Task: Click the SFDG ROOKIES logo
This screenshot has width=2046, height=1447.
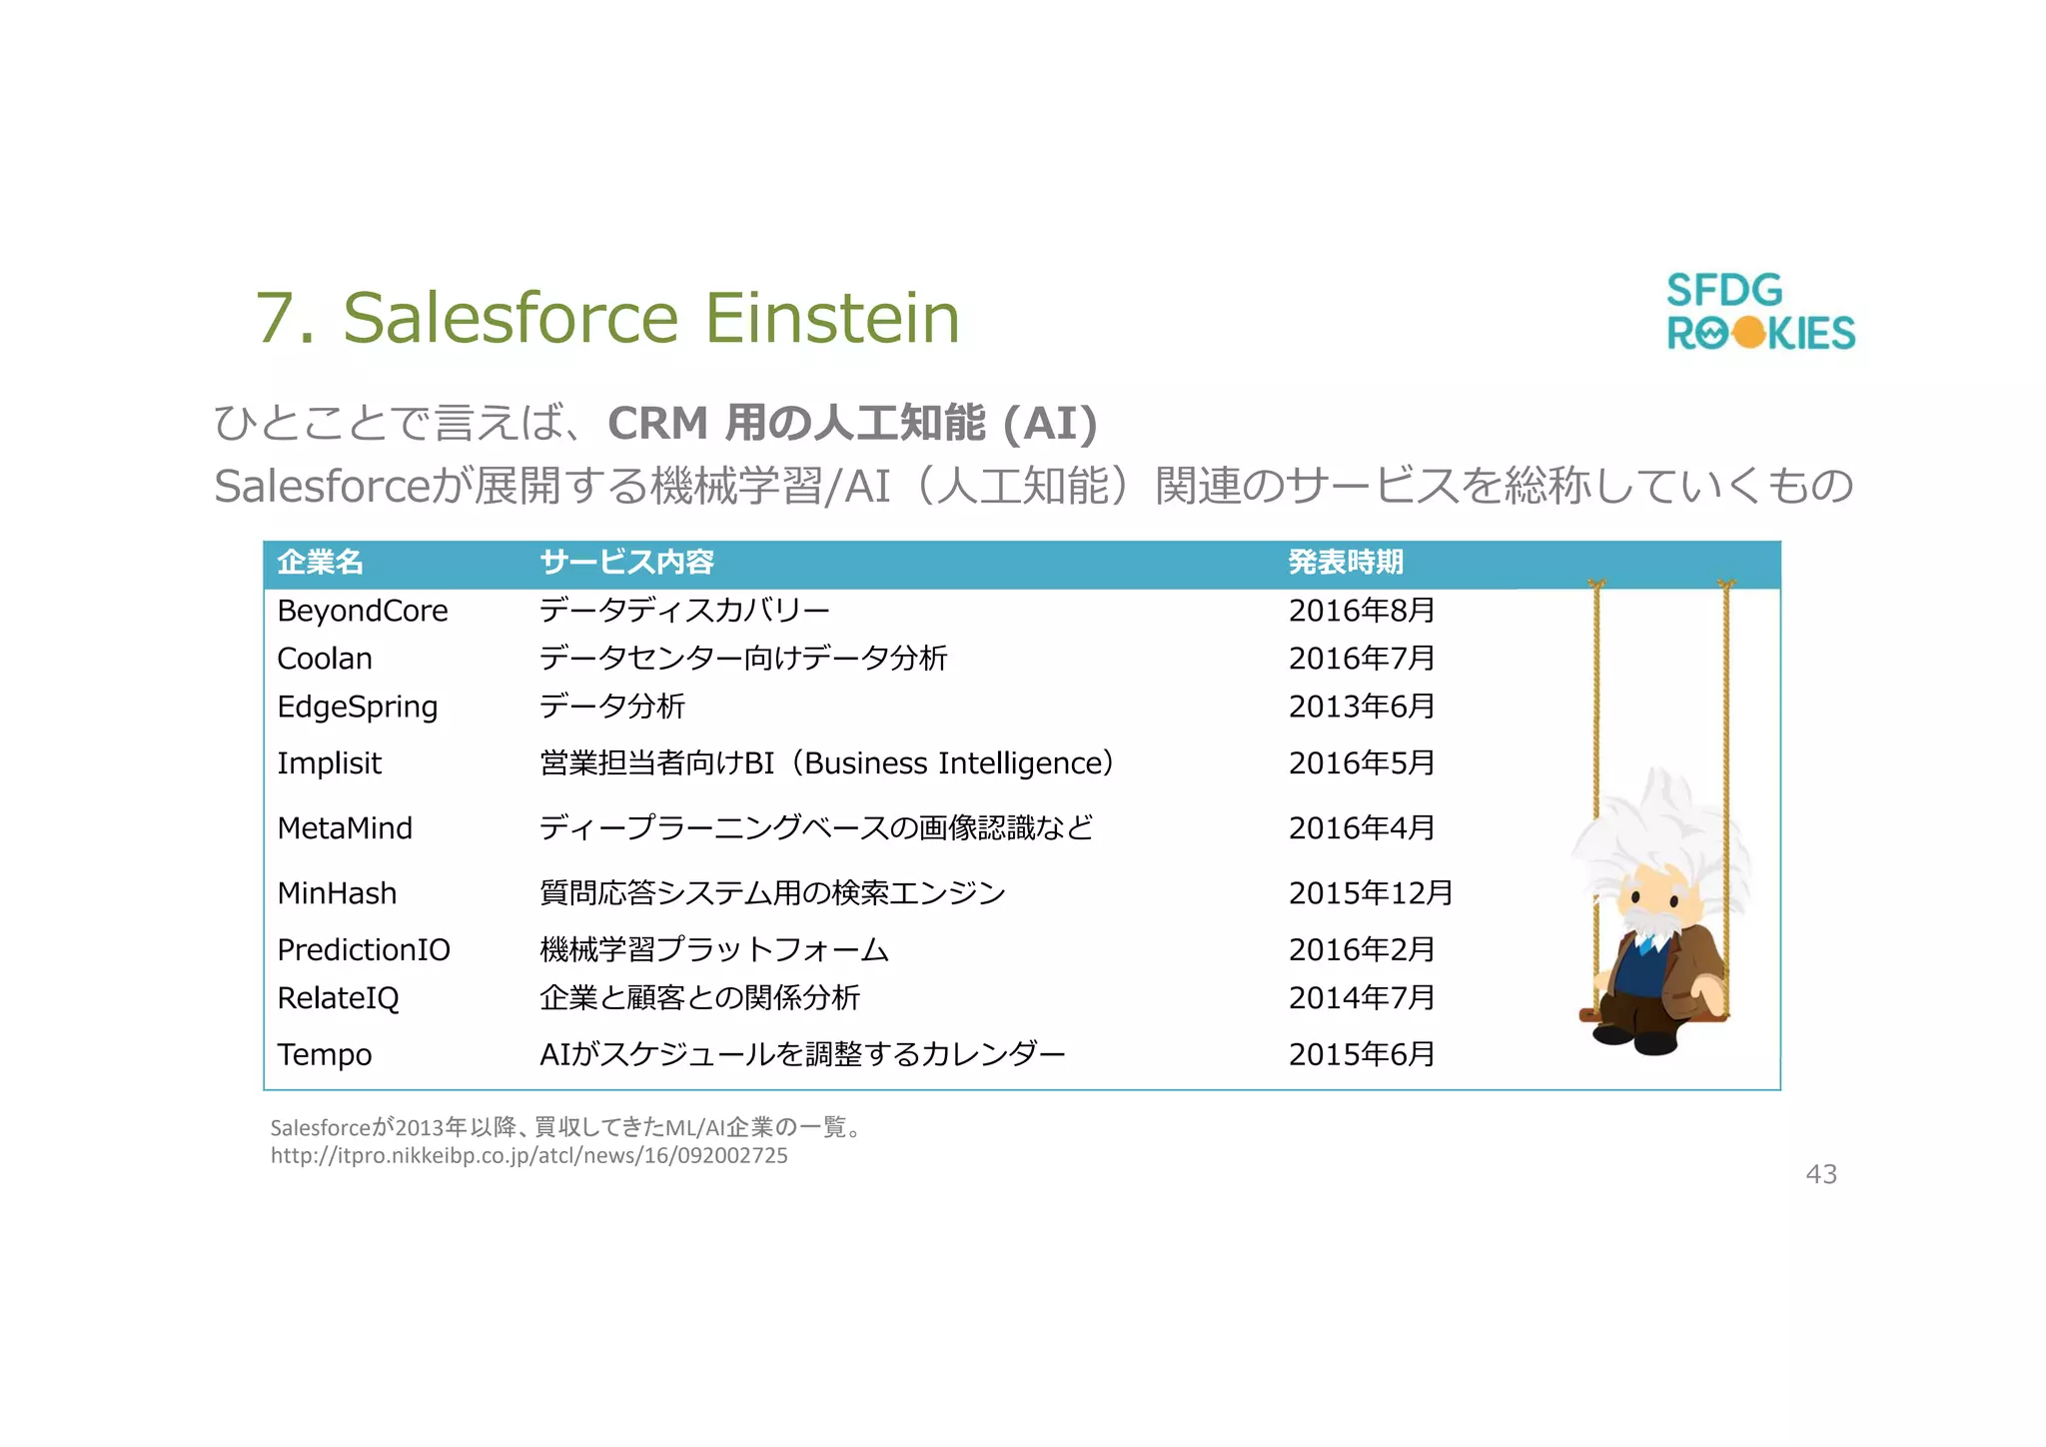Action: click(1759, 312)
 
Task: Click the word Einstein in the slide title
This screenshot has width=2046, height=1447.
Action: click(832, 318)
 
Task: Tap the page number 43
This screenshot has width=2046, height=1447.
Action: click(1820, 1174)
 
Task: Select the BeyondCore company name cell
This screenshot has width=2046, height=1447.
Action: click(362, 611)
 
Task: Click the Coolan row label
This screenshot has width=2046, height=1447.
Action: click(324, 659)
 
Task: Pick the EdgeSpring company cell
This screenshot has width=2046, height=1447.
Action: click(357, 707)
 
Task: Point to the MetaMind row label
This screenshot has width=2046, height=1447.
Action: click(344, 828)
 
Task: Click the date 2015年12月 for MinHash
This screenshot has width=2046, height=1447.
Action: click(1370, 893)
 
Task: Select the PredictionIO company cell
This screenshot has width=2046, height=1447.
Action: click(363, 949)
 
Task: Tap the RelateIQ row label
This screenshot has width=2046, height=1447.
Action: click(338, 997)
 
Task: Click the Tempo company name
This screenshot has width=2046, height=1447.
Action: click(324, 1054)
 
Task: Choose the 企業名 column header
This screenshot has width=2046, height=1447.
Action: click(320, 563)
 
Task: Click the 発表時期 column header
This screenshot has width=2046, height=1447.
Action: click(1345, 563)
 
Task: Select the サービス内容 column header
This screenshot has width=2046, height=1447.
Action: click(626, 563)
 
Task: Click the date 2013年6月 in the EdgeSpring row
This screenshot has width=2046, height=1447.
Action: click(1361, 707)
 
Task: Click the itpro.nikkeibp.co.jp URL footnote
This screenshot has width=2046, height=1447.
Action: click(528, 1156)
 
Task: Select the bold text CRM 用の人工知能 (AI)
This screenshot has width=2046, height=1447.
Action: click(851, 423)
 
